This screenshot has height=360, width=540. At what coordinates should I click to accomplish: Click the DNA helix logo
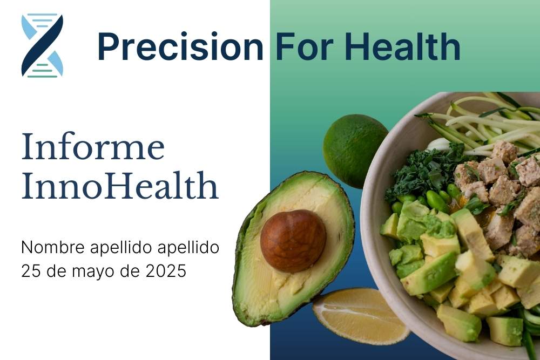coord(42,45)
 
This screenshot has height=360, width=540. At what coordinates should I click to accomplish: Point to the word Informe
coord(93,147)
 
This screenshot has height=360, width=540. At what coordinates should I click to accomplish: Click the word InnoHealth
coord(120,186)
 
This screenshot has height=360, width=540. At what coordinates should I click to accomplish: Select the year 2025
coord(166,270)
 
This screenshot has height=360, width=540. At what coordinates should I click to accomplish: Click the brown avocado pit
coord(293,241)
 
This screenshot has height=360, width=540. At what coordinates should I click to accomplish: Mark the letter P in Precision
coord(109,47)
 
